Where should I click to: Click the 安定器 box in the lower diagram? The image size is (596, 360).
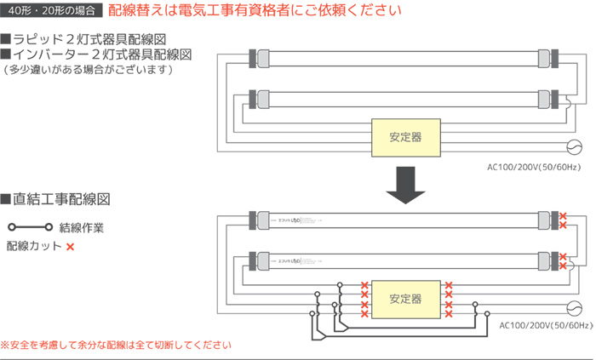(x=405, y=299)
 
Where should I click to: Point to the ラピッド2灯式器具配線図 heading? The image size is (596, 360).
(x=95, y=39)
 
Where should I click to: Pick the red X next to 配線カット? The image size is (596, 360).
(x=70, y=247)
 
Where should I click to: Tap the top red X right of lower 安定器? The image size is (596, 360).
(x=449, y=285)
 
